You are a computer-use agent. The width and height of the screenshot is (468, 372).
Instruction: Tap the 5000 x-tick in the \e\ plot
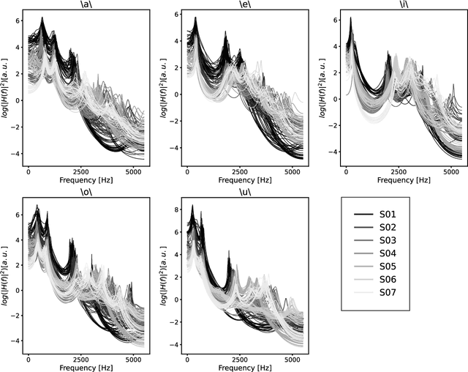click(x=292, y=170)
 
